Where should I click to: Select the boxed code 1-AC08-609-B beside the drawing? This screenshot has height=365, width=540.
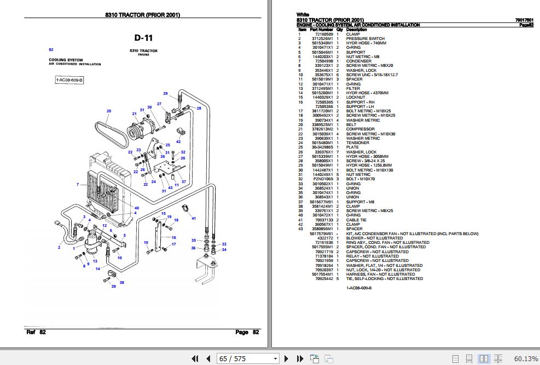tap(69, 81)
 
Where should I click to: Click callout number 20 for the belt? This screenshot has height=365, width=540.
tap(109, 111)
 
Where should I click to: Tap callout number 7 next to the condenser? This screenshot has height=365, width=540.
tap(78, 184)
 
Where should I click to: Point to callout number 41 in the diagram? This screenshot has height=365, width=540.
tap(193, 218)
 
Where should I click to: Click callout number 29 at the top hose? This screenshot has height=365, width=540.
tap(165, 93)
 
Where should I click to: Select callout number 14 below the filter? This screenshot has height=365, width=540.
tap(97, 269)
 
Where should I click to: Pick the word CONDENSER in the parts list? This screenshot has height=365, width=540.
tap(358, 61)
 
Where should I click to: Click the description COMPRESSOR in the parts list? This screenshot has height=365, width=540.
tap(360, 129)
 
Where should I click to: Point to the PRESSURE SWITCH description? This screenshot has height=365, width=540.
tap(365, 38)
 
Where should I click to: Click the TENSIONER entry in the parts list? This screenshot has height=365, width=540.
tap(357, 143)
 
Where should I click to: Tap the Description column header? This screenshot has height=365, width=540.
tap(357, 30)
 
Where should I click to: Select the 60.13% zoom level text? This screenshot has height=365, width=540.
tap(526, 358)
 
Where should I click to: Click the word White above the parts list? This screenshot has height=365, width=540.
tap(303, 15)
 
